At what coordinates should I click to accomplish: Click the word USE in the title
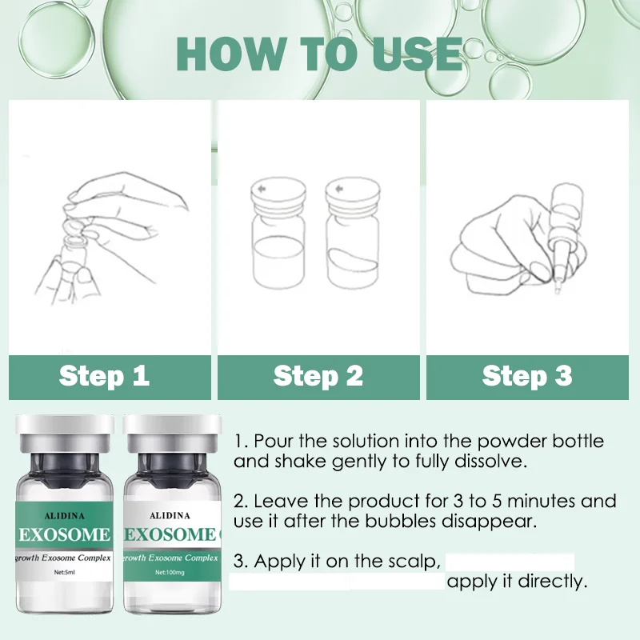coord(418,54)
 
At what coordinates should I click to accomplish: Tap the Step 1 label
coord(105,375)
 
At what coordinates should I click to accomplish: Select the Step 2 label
coord(318,375)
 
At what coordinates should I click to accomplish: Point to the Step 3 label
coord(527,375)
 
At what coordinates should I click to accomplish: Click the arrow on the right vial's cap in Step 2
coord(338,189)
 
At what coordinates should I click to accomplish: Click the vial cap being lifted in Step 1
coord(74,233)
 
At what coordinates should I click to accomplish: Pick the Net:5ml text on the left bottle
coord(65,572)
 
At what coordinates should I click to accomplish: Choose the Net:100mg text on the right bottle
coord(170,572)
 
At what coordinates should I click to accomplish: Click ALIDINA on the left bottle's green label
coord(65,516)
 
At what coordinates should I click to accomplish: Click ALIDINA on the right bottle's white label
coord(170,515)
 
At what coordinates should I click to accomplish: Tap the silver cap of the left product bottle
coord(65,434)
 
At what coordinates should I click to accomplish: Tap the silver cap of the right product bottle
coord(172,434)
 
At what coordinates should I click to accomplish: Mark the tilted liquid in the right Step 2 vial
coord(353,260)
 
